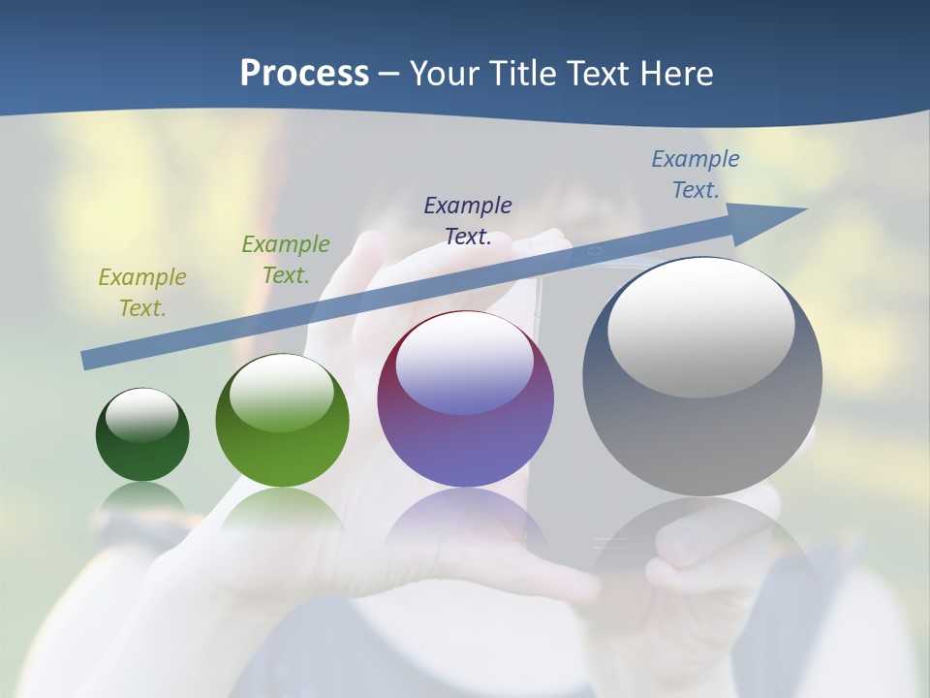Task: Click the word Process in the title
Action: (304, 74)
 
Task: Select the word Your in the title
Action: (442, 74)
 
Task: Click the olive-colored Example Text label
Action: (141, 293)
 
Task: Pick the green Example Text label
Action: (286, 260)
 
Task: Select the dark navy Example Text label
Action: (468, 221)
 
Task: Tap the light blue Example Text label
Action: (695, 174)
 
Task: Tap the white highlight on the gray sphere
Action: (701, 328)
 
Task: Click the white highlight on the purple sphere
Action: (465, 364)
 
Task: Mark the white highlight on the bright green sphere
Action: (282, 393)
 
